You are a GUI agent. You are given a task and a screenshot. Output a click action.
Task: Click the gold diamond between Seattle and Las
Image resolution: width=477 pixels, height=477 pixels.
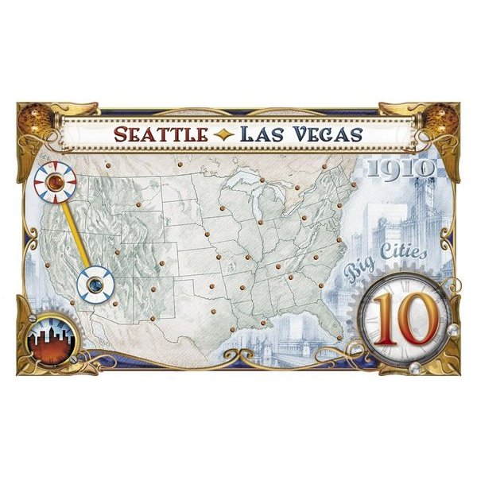pos(212,134)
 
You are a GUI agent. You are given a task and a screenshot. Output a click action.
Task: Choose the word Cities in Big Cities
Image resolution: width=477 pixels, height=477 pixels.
pos(406,258)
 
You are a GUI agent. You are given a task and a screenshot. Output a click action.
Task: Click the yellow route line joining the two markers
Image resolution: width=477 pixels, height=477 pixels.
pos(74,232)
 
